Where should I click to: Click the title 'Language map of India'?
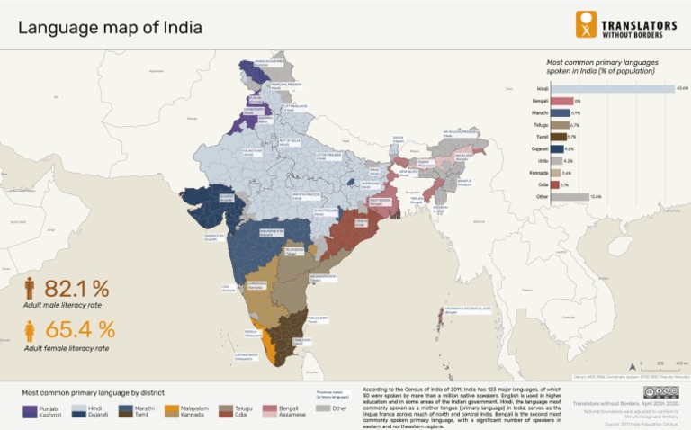pyautogui.click(x=110, y=27)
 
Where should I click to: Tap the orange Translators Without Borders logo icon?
pyautogui.click(x=586, y=24)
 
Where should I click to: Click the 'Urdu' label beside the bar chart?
pyautogui.click(x=542, y=160)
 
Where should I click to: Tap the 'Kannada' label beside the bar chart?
pyautogui.click(x=540, y=172)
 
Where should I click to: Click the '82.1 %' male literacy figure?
pyautogui.click(x=76, y=289)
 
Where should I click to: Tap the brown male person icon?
pyautogui.click(x=30, y=289)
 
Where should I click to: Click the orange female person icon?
pyautogui.click(x=30, y=330)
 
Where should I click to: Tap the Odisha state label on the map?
pyautogui.click(x=360, y=220)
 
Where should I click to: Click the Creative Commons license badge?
pyautogui.click(x=660, y=392)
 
